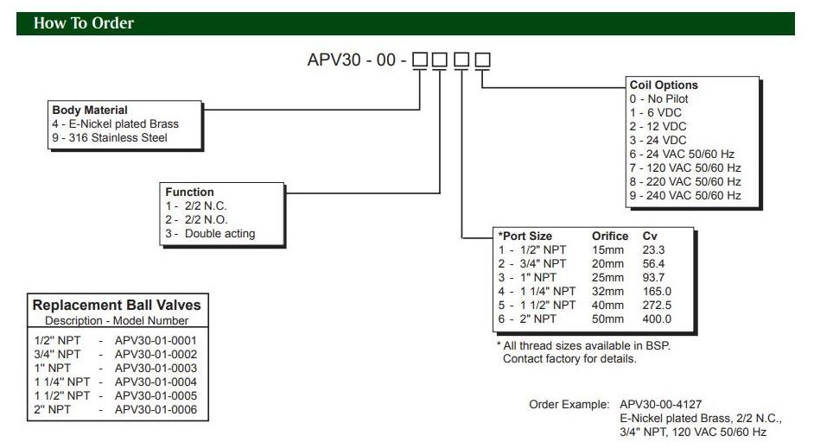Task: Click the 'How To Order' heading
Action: pos(84,23)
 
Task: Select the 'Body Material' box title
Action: pos(90,110)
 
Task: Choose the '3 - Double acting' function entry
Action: pos(211,234)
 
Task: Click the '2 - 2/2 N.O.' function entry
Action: pos(200,220)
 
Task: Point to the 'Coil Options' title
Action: pos(664,85)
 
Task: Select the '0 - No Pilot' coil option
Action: pos(658,99)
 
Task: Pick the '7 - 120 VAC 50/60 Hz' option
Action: pos(685,168)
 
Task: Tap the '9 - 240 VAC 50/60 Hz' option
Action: pos(685,196)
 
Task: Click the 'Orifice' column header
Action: pos(609,236)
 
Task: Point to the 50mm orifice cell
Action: pos(607,319)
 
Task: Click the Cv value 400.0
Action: pos(657,319)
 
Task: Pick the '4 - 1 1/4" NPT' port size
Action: pos(537,292)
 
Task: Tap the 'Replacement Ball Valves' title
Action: pos(117,305)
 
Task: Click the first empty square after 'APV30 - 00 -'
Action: pos(420,60)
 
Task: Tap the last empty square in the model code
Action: pos(482,60)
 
